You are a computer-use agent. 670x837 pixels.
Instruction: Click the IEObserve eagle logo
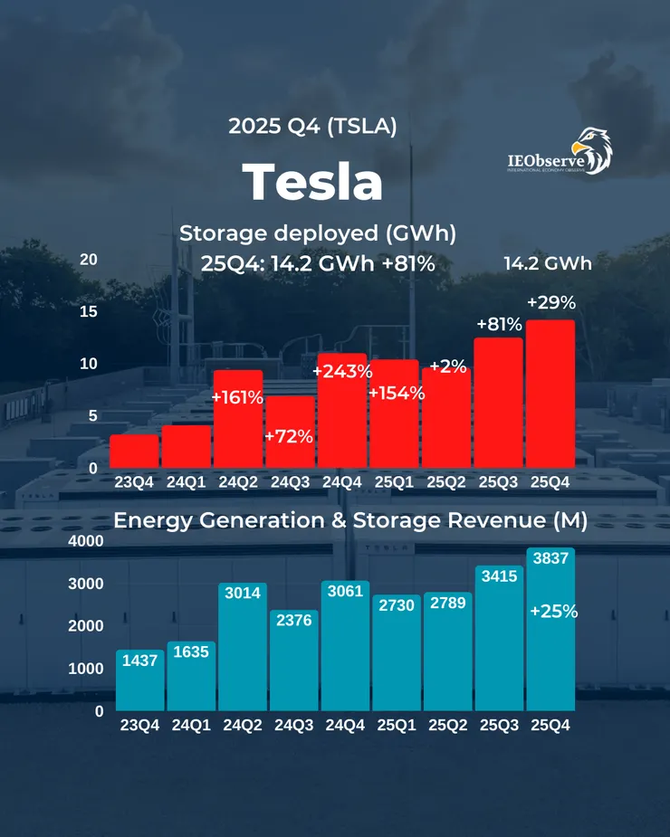(x=559, y=151)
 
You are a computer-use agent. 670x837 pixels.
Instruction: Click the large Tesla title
(x=312, y=181)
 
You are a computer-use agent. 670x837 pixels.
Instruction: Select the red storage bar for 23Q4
(x=134, y=450)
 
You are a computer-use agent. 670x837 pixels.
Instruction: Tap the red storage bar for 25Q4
(x=550, y=392)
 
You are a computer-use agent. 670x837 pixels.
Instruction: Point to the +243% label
(x=343, y=371)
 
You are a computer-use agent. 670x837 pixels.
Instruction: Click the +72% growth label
(x=289, y=436)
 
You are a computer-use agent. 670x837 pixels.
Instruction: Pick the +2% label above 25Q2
(x=447, y=366)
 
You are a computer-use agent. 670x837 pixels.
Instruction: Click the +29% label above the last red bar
(x=550, y=301)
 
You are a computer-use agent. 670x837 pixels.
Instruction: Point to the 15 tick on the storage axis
(x=88, y=311)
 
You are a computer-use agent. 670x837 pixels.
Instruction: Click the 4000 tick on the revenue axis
(x=87, y=541)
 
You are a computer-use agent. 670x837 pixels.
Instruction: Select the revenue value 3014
(x=242, y=594)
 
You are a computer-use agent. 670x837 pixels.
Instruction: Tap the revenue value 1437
(x=139, y=661)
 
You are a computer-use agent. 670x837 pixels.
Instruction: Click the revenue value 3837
(x=551, y=559)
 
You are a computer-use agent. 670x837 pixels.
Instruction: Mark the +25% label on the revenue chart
(x=552, y=612)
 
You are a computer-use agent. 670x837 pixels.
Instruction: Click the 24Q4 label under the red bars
(x=343, y=482)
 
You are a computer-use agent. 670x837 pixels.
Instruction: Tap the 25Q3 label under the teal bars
(x=500, y=725)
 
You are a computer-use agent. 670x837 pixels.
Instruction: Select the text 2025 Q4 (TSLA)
(x=312, y=127)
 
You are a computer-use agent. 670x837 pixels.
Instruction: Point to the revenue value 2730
(x=397, y=605)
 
